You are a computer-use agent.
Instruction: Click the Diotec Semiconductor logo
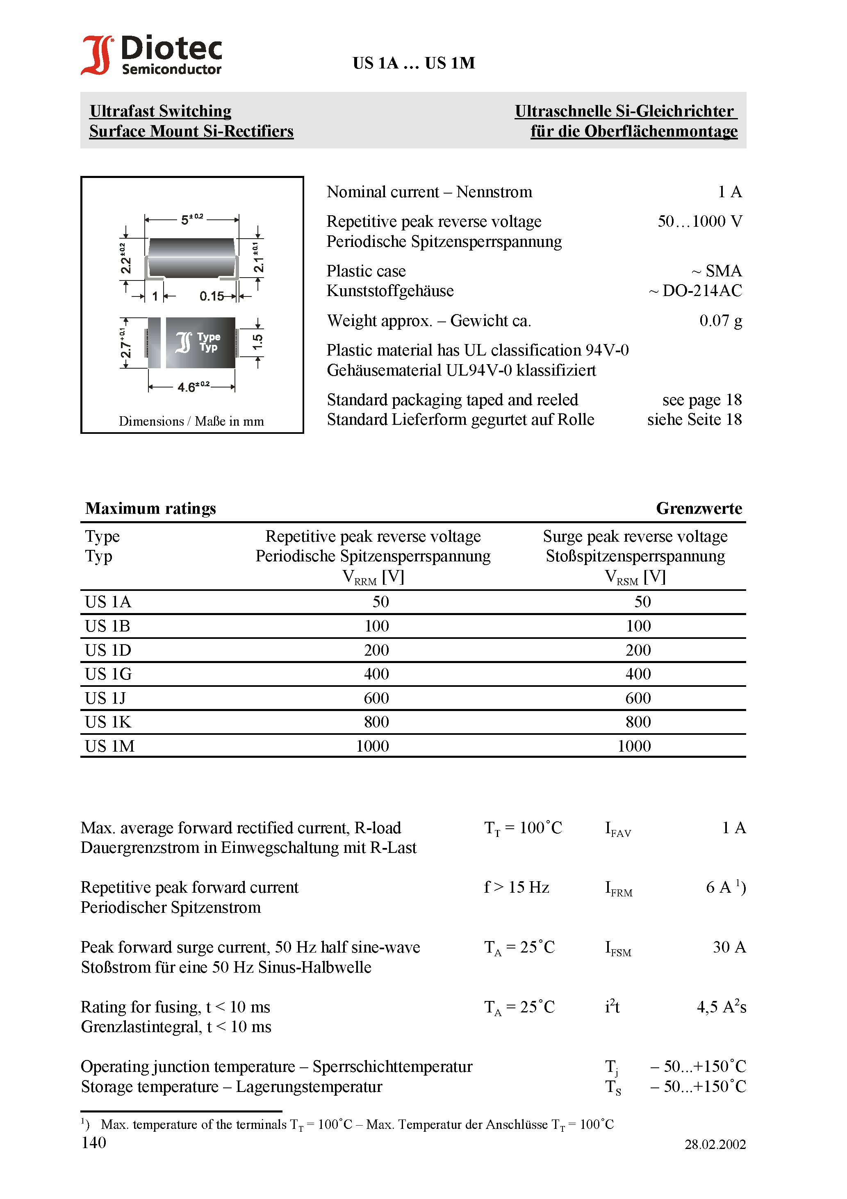[x=151, y=55]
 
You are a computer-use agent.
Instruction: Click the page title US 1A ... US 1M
[x=414, y=63]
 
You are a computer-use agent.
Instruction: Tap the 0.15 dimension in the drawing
[x=212, y=296]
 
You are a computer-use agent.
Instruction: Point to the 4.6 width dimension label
[x=193, y=387]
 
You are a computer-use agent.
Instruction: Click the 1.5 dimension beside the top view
[x=257, y=342]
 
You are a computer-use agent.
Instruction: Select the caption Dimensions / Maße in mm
[x=191, y=422]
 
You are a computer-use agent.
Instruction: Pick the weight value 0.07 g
[x=720, y=321]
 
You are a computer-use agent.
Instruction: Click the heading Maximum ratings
[x=150, y=508]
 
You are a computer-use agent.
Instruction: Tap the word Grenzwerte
[x=699, y=508]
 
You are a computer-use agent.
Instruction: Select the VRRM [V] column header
[x=373, y=577]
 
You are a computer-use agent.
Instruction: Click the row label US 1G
[x=108, y=674]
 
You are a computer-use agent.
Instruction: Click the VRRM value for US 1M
[x=372, y=746]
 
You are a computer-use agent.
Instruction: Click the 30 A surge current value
[x=729, y=947]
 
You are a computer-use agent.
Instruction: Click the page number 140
[x=94, y=1142]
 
